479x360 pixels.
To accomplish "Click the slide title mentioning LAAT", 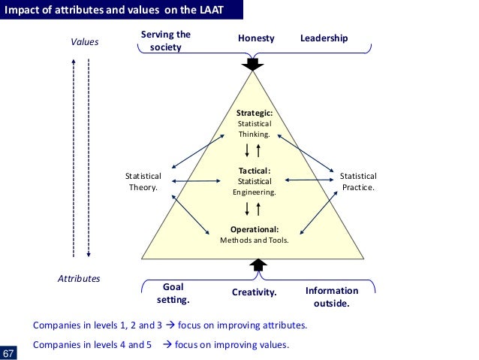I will coord(124,11).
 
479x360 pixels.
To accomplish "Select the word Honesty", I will coord(256,38).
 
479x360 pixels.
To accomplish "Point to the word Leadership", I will coord(324,38).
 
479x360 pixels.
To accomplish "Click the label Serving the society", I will coord(166,41).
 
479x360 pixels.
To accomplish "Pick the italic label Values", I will coord(84,42).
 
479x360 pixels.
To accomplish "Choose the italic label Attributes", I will coord(79,278).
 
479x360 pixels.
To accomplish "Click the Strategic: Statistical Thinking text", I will coord(255,123).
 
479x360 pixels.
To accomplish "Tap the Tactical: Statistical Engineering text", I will coord(255,181).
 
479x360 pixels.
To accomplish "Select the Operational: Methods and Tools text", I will coord(255,234).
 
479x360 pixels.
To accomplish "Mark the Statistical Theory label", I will coord(143,182).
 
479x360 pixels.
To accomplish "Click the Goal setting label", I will coord(173,293).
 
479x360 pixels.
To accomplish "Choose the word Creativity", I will coord(255,292).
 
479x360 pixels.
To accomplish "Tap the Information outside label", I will coord(331,298).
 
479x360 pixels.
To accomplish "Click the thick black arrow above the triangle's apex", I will coord(256,64).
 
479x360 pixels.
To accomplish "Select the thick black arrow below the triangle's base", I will coord(258,265).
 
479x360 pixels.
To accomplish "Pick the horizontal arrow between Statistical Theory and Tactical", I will coord(197,181).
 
